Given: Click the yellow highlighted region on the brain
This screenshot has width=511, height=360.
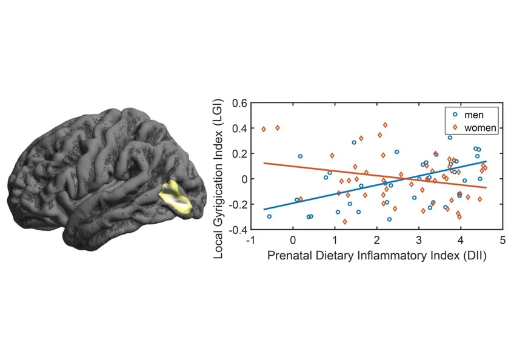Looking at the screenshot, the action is pos(175,198).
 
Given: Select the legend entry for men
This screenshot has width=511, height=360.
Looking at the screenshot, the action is pos(469,115).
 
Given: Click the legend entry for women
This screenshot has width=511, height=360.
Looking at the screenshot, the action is pos(475,128).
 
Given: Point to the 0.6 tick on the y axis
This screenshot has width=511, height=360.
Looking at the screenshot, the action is pos(239,103).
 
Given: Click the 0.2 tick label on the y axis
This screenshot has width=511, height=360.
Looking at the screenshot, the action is pos(239,154).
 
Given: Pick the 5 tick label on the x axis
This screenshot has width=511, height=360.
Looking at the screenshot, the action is pos(503,240).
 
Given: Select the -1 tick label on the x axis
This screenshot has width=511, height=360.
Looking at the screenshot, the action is pos(250,240).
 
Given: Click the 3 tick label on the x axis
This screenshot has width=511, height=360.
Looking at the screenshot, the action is pos(419,240).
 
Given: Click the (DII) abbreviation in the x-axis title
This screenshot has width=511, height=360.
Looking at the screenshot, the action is pos(475,256).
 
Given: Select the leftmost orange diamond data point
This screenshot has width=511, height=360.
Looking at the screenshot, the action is pos(264,129).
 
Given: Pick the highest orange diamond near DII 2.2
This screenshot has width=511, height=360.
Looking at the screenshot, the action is pos(385,125).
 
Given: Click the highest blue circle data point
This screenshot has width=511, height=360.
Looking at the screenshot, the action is pos(450,138).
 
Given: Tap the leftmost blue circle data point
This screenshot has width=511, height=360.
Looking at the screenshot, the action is pos(269,216).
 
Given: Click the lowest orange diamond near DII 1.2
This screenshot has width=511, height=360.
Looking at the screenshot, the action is pos(345,222).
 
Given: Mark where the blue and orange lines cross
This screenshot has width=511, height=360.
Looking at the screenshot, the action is pos(404,178).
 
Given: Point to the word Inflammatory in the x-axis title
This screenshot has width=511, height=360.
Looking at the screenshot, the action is pos(392,256).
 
